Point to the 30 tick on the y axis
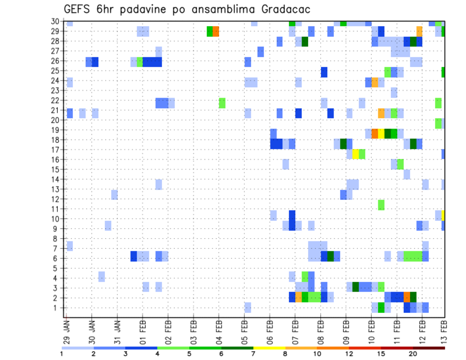[55, 21]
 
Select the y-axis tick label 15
[55, 169]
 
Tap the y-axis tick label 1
[57, 308]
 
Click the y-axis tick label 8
[57, 239]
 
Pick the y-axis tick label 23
[55, 90]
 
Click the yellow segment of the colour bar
[269, 348]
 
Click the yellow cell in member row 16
[356, 154]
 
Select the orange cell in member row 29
[216, 32]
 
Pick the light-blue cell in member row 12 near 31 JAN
[115, 195]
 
